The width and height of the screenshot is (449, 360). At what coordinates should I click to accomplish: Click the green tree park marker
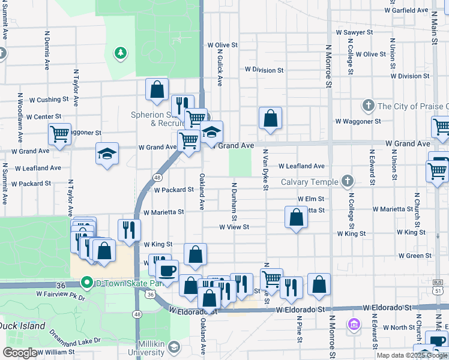click(120, 53)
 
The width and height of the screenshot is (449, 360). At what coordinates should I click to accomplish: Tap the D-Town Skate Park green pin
click(86, 283)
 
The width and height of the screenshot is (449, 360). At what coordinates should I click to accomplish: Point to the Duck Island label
click(23, 326)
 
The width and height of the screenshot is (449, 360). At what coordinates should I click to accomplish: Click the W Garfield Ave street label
click(406, 11)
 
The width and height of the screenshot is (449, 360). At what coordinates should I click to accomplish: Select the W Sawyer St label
click(354, 32)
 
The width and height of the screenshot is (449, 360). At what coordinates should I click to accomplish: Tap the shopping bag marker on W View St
click(296, 217)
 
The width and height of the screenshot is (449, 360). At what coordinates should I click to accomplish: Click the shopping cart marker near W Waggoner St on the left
click(59, 134)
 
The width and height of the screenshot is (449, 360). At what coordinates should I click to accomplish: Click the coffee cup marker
click(167, 271)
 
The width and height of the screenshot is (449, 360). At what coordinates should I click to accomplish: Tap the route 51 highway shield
click(437, 290)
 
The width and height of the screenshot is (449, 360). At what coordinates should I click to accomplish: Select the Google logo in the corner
click(20, 353)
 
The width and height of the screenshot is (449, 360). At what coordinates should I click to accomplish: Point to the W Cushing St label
click(45, 100)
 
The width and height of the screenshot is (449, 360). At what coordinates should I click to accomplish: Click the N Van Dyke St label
click(265, 170)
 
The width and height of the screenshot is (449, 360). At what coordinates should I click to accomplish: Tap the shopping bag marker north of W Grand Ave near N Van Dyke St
click(271, 118)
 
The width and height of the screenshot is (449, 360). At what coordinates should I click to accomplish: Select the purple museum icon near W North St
click(354, 325)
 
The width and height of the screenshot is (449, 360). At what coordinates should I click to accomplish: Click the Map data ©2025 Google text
click(412, 355)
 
